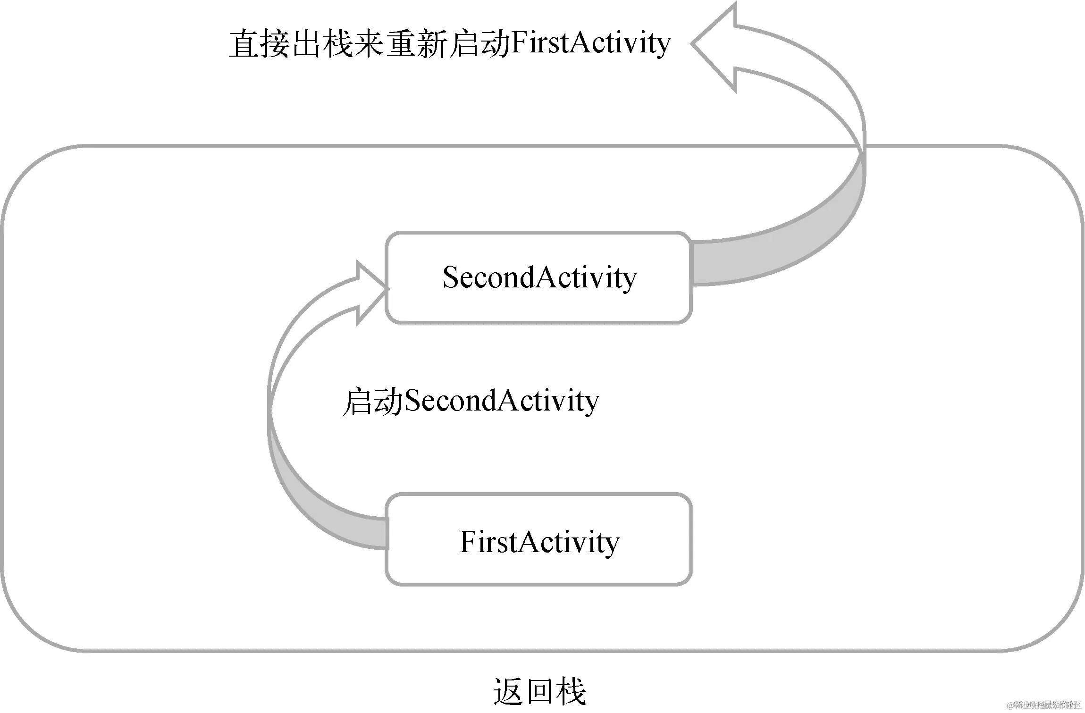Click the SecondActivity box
coord(538,277)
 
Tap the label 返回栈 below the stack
coord(539,692)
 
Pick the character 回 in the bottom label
coord(540,692)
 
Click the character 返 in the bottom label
coord(509,692)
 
